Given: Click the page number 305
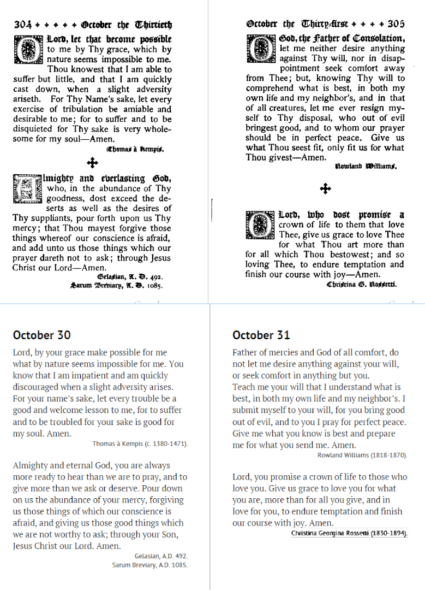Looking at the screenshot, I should pos(396,24).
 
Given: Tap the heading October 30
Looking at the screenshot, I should pos(41,335).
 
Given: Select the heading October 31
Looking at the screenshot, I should pos(261,335).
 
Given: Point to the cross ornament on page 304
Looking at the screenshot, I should pos(92,162).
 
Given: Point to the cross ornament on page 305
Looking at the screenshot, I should pos(325,189).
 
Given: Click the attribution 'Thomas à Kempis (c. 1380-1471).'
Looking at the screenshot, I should pos(140,444).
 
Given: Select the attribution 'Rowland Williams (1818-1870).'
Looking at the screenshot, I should pos(362,455).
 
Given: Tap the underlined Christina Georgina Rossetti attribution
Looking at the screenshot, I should pos(349,533).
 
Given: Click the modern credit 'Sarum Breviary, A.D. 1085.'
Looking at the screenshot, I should pos(149,565).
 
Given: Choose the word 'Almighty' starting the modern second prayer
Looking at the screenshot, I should pos(33,465).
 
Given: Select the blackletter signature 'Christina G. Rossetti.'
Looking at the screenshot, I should pos(361,285).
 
